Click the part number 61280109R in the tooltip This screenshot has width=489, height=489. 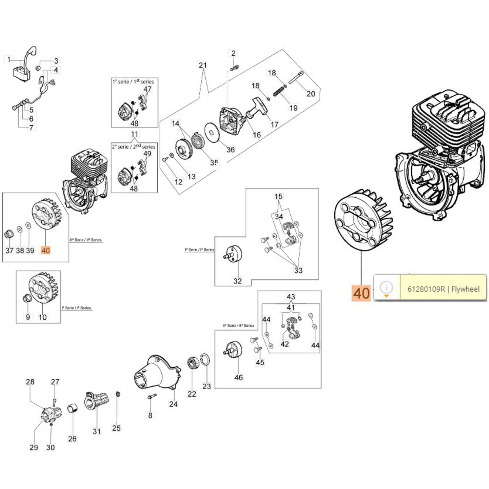pos(426,289)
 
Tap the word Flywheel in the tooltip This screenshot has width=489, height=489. pos(465,289)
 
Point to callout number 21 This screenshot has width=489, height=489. pos(203,65)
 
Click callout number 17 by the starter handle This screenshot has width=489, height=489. pos(274,124)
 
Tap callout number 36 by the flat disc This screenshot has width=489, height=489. pos(230,149)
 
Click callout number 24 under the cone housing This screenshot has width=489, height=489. pos(173,404)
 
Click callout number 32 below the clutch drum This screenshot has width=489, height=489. pos(237,281)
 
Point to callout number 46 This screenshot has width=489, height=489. pos(238,377)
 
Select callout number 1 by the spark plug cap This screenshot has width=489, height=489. pos(9,59)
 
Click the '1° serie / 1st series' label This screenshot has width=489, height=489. pos(133,82)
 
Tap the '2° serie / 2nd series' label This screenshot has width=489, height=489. pos(133,147)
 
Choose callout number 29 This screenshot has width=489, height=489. pos(34,447)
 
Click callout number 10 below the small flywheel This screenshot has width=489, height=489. pos(42,317)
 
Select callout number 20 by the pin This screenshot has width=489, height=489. pos(311,94)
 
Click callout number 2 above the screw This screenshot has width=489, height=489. pos(233,53)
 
